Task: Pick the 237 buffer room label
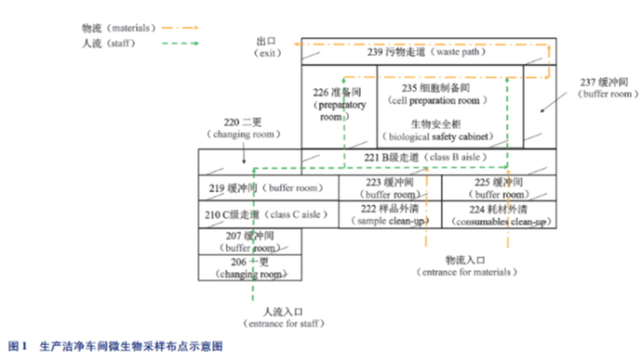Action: coord(601,89)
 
